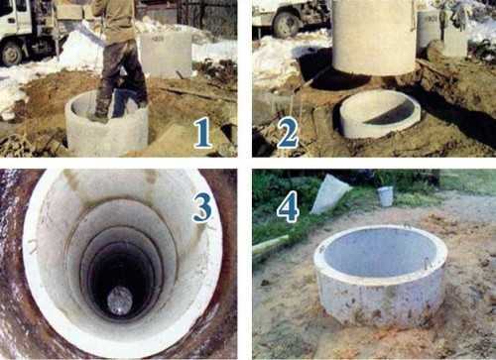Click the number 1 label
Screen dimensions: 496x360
pos(202,133)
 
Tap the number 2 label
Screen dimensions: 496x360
pos(288,133)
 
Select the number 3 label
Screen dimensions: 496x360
pos(202,208)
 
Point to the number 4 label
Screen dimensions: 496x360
pos(288,209)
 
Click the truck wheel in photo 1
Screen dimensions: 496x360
pos(12,54)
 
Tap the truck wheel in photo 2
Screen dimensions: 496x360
pos(287,25)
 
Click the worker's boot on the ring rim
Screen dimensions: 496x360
pos(98,118)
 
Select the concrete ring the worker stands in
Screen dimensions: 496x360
pos(106,124)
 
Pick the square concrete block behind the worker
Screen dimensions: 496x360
pos(166,55)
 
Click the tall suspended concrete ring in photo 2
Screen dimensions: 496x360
pos(374,37)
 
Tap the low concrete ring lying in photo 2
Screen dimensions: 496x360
pos(380,114)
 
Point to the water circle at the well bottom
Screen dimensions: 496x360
pos(120,300)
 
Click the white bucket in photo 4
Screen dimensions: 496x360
pos(386,196)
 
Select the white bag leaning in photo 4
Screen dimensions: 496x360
pos(329,195)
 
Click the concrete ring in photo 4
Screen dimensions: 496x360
pos(380,276)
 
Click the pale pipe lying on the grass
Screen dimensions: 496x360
pos(271,244)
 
